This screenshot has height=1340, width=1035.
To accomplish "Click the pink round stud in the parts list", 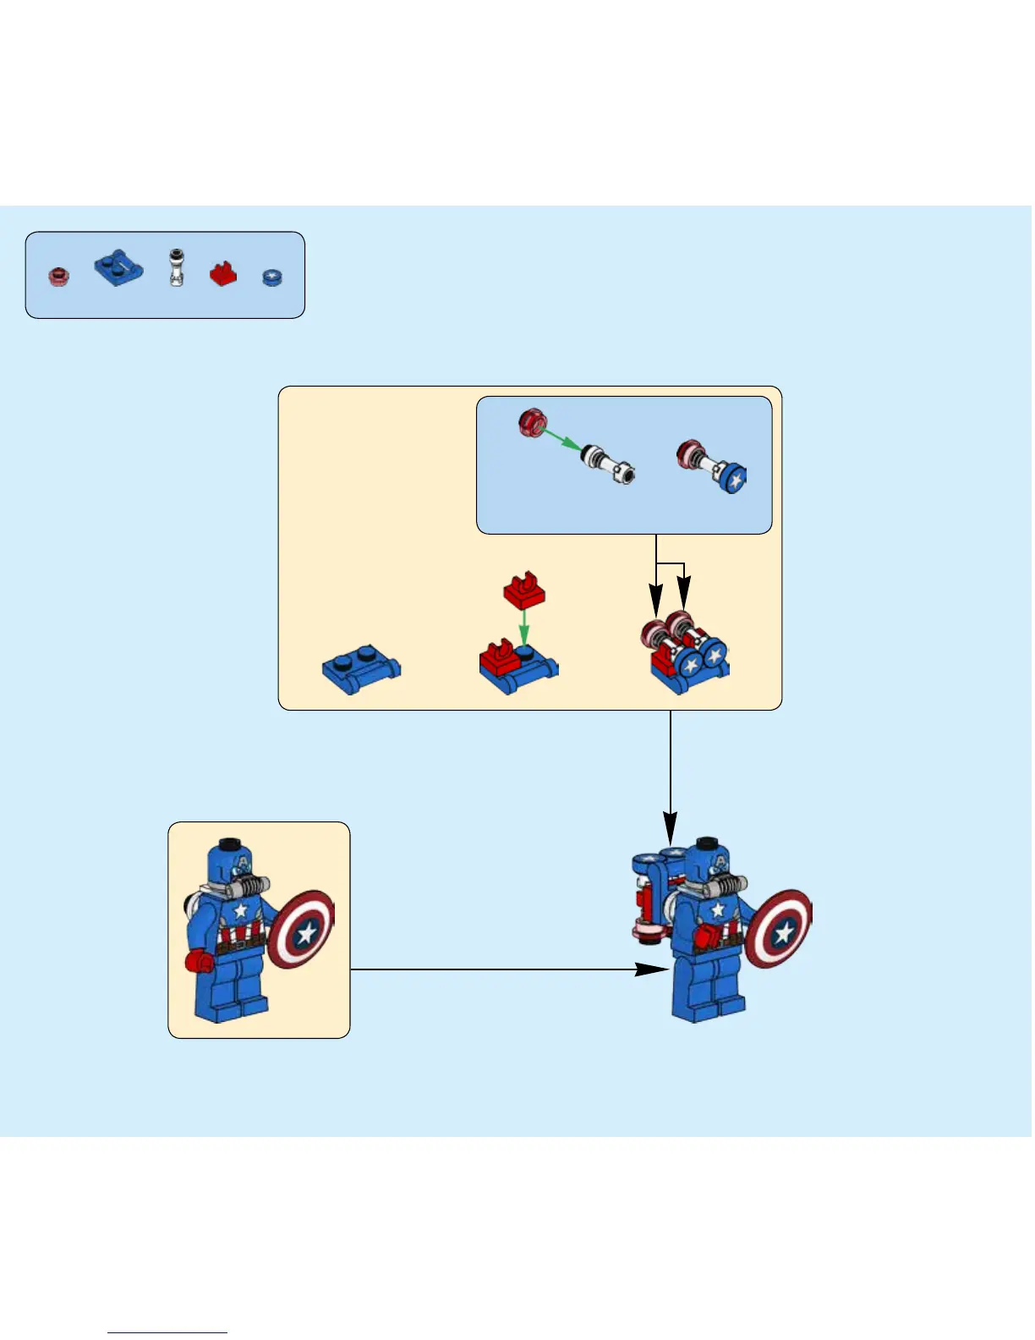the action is tap(58, 277).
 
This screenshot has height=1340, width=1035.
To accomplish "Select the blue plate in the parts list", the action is tap(118, 268).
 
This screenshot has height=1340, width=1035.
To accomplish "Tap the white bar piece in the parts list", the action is tap(176, 268).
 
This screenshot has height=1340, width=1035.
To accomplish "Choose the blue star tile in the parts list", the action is tap(271, 277).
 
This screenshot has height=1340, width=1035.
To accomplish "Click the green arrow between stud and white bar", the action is tap(560, 439).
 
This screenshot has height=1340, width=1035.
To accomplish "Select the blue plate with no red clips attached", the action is tap(362, 672).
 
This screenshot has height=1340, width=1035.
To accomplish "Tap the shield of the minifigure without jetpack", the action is tap(301, 929).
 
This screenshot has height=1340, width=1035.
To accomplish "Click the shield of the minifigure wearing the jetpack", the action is tap(778, 929).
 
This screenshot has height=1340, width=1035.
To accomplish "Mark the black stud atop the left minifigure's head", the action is tap(229, 844).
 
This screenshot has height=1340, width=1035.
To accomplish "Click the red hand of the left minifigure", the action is tap(199, 962).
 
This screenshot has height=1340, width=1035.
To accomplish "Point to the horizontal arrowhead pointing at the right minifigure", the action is tap(651, 969).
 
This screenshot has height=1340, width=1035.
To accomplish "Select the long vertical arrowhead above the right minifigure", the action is tap(671, 826).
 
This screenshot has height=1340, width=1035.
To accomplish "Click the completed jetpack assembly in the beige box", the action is tap(687, 652).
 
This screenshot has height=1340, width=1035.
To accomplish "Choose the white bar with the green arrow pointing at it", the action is tap(609, 464).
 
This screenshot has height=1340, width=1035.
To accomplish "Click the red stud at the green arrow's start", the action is tap(533, 421).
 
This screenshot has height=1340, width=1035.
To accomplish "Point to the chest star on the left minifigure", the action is tap(241, 910).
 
